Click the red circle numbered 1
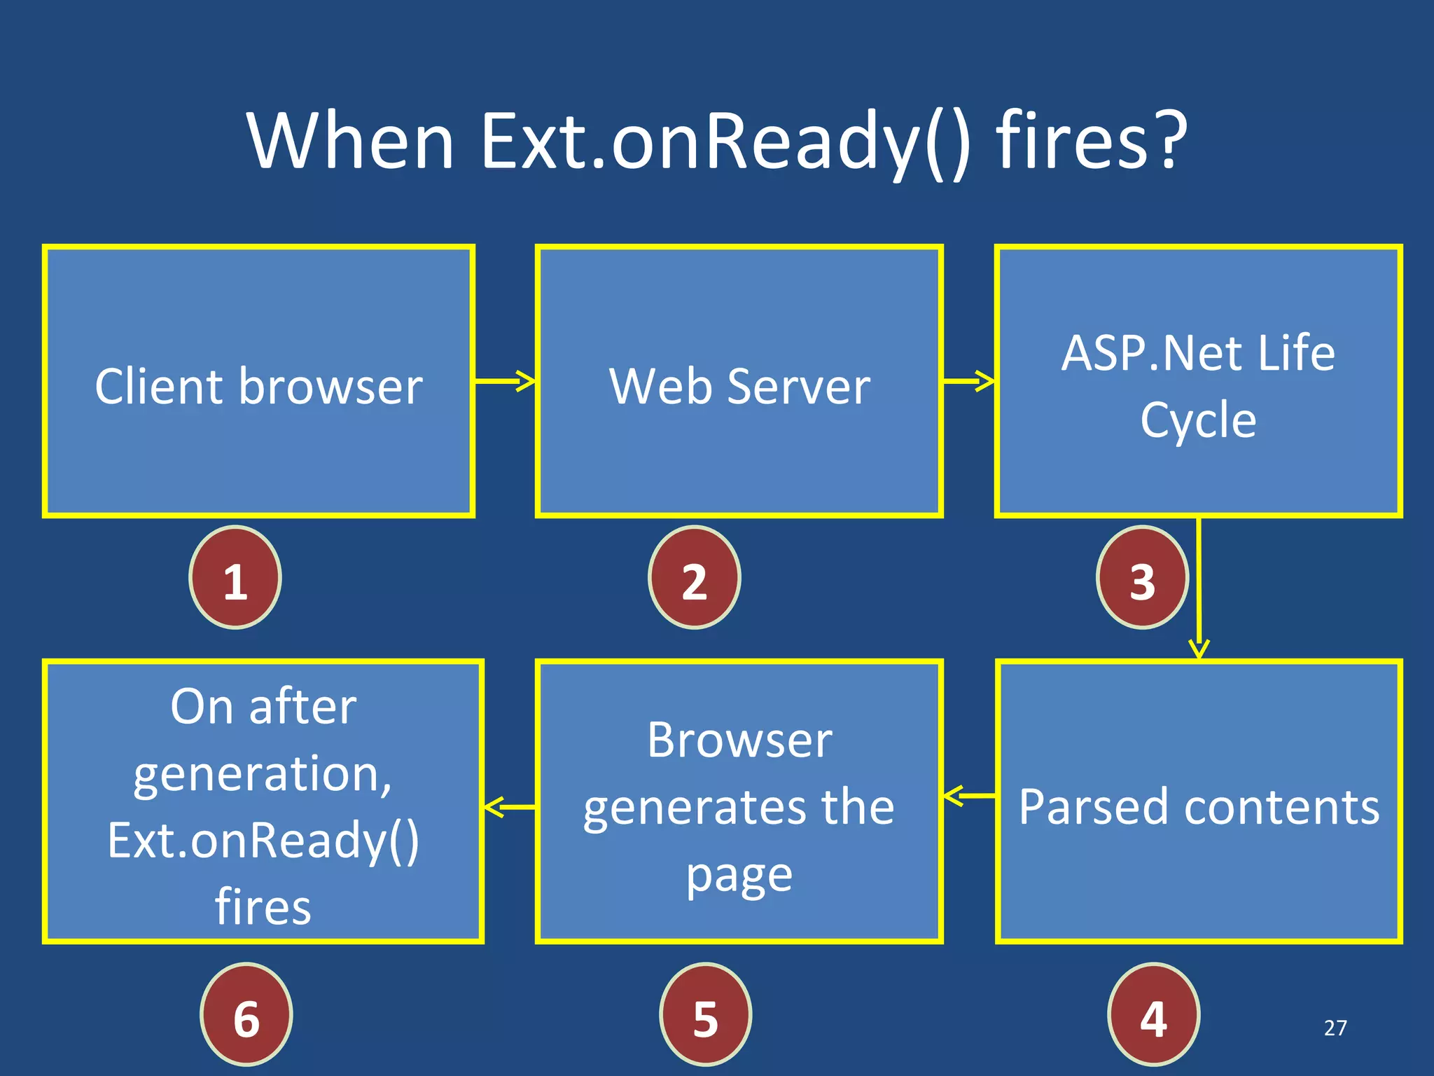(235, 577)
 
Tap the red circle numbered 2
(694, 577)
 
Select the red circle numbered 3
(1142, 577)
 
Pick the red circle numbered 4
(1153, 1014)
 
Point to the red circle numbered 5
(705, 1014)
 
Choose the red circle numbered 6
(246, 1014)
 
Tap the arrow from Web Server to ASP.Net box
(968, 381)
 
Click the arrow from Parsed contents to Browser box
(969, 796)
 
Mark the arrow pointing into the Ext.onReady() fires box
(510, 807)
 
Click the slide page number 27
(1335, 1028)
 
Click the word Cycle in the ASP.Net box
(1198, 420)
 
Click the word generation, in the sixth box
(263, 775)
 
